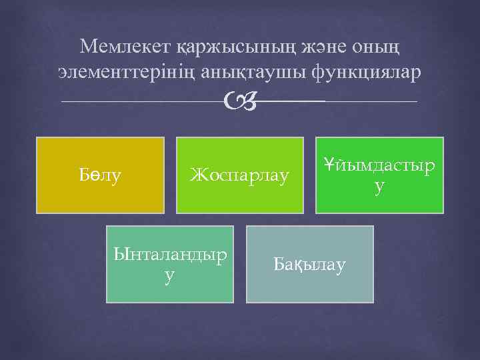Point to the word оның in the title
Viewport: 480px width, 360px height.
[x=382, y=47]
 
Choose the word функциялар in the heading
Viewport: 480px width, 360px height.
[x=365, y=72]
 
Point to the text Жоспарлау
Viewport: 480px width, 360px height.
[x=240, y=176]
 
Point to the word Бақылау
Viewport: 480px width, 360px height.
[x=310, y=265]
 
